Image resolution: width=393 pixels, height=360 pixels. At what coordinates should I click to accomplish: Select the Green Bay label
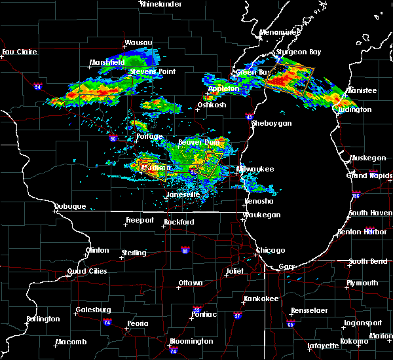250,72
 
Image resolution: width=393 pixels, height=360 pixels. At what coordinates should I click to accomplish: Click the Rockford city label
179,222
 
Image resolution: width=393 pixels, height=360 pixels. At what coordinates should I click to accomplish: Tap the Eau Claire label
18,52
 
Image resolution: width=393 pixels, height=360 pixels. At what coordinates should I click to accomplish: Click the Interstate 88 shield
185,250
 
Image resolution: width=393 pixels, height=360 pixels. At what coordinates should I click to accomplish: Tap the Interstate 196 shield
374,194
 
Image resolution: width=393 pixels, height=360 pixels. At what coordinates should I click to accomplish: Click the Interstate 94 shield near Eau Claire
38,86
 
